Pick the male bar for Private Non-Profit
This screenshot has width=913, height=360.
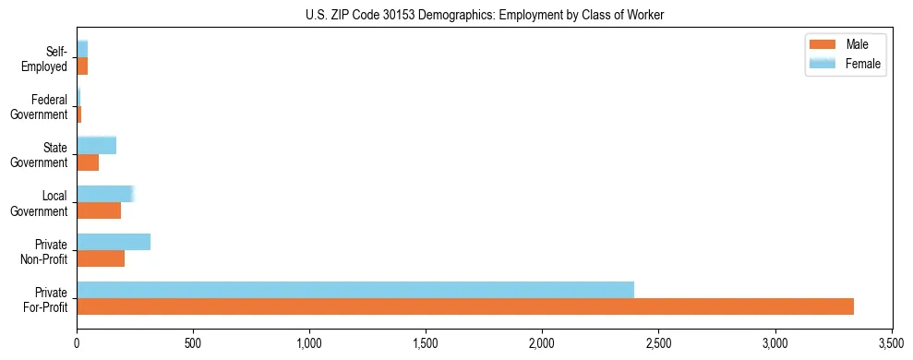[x=101, y=258]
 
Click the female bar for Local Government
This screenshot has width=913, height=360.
[x=105, y=194]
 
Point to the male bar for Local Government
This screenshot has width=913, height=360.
[x=99, y=210]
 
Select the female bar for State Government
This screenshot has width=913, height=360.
[x=96, y=145]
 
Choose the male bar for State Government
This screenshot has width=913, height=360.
[x=88, y=162]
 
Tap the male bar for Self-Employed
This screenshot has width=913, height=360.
[x=82, y=66]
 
